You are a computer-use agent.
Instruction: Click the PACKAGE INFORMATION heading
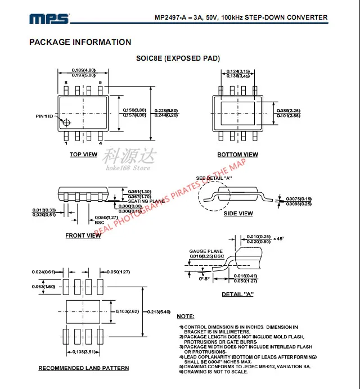click(80, 42)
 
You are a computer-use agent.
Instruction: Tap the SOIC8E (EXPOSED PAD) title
click(178, 58)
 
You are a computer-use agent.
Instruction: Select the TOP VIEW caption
click(83, 155)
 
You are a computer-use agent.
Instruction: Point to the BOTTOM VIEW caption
click(237, 155)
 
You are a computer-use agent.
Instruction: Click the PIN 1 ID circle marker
click(66, 123)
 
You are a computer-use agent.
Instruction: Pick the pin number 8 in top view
click(66, 83)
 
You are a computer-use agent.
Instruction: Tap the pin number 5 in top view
click(100, 83)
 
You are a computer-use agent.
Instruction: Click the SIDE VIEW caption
click(238, 214)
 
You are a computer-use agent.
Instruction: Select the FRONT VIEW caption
click(83, 236)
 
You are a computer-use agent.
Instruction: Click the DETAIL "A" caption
click(238, 295)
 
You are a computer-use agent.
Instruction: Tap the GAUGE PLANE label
click(206, 251)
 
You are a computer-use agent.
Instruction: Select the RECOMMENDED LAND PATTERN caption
click(83, 368)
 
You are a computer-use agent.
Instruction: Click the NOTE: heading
click(186, 317)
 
